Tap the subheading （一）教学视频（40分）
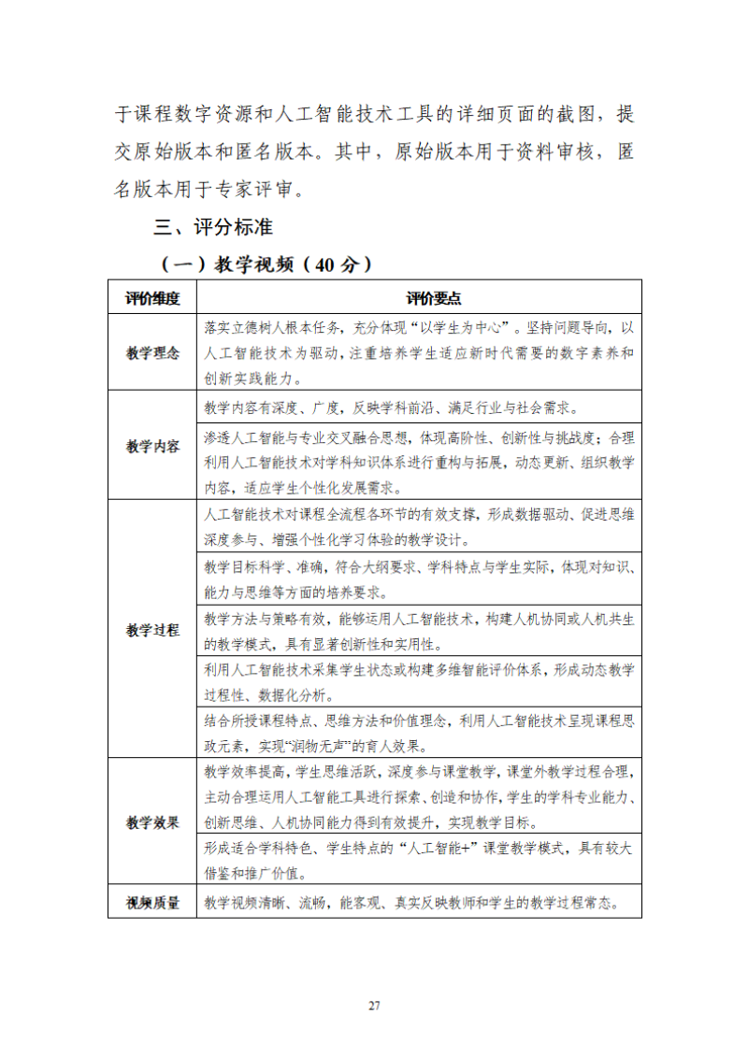(x=266, y=264)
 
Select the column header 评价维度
(x=152, y=298)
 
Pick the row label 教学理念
(x=152, y=353)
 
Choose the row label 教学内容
(x=152, y=446)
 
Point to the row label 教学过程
(x=152, y=629)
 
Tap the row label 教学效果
(x=152, y=822)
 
